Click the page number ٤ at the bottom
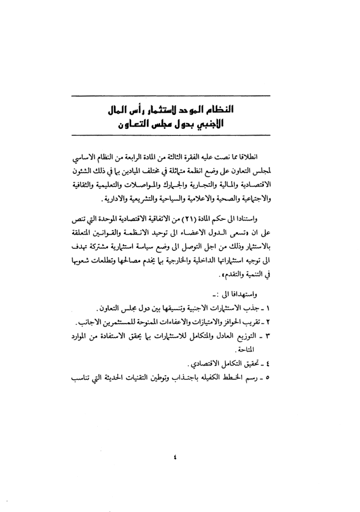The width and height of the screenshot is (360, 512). point(174,458)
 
